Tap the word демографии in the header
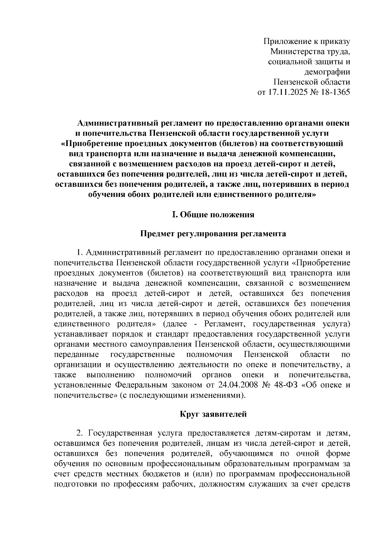(327, 72)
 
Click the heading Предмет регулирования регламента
(213, 234)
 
